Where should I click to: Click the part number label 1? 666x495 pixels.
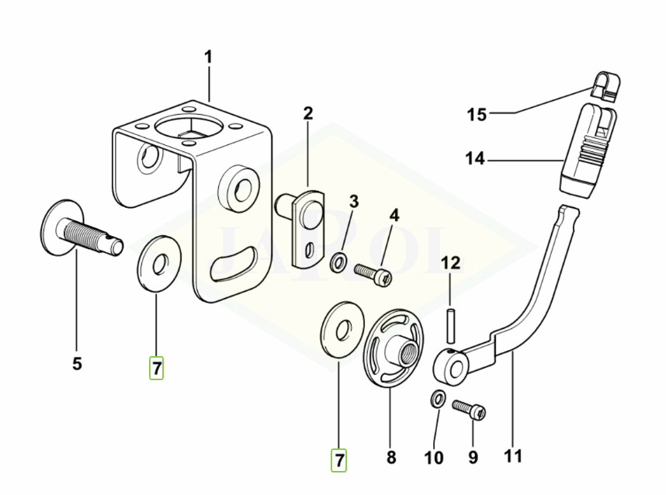tap(208, 57)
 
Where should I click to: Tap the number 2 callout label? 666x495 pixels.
tap(308, 114)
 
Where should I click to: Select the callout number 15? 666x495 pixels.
tap(476, 116)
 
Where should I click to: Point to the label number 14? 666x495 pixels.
tap(476, 159)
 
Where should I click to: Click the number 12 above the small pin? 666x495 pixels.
tap(451, 263)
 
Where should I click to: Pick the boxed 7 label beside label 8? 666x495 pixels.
tap(339, 460)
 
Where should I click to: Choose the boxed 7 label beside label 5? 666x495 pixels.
tap(157, 369)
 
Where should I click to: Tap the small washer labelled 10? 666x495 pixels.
tap(438, 400)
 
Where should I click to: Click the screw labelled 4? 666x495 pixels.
tap(373, 272)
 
